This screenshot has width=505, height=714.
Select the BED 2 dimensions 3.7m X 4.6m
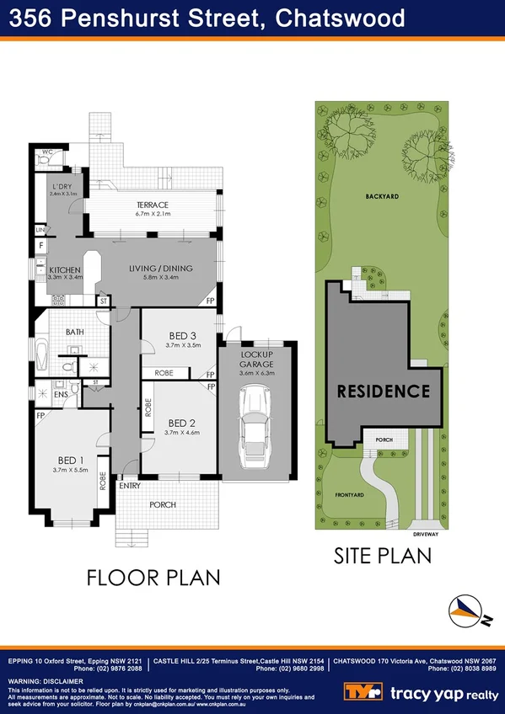click(x=182, y=434)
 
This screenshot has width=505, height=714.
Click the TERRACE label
click(x=153, y=205)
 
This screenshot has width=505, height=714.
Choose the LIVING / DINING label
click(x=161, y=269)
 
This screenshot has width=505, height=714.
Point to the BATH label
click(x=75, y=332)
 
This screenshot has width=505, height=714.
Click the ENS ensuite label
click(x=61, y=393)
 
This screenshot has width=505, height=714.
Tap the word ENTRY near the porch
click(x=131, y=485)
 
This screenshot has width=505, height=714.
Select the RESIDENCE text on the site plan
click(x=384, y=392)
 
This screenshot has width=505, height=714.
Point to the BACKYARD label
click(x=382, y=195)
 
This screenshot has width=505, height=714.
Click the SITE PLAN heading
click(x=382, y=556)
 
